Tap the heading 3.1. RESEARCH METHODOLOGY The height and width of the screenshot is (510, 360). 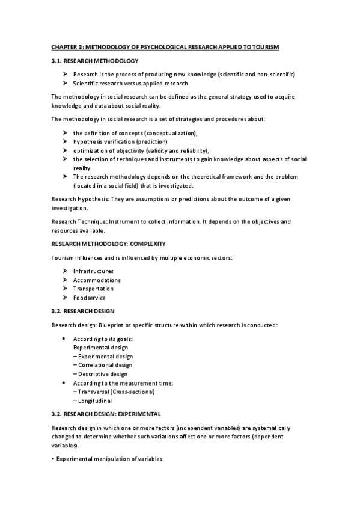click(x=95, y=61)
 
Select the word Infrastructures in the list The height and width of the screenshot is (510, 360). click(x=93, y=271)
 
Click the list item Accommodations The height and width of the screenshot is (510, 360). click(x=97, y=280)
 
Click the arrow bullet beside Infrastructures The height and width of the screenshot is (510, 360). click(x=65, y=271)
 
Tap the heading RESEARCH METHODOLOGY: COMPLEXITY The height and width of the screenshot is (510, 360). click(x=114, y=244)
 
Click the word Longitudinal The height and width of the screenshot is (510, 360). click(x=97, y=401)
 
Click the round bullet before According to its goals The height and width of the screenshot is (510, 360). click(x=65, y=339)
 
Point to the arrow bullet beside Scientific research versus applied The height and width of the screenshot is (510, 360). click(x=65, y=84)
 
